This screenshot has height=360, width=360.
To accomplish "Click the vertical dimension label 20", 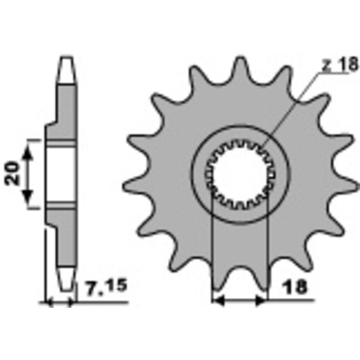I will click(13, 173).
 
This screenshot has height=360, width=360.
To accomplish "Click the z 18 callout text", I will click(340, 65).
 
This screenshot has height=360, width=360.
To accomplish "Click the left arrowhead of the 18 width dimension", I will click(218, 301).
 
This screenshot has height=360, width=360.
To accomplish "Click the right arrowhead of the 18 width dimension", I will click(261, 301).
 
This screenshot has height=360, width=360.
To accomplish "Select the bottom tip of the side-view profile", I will click(66, 288).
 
